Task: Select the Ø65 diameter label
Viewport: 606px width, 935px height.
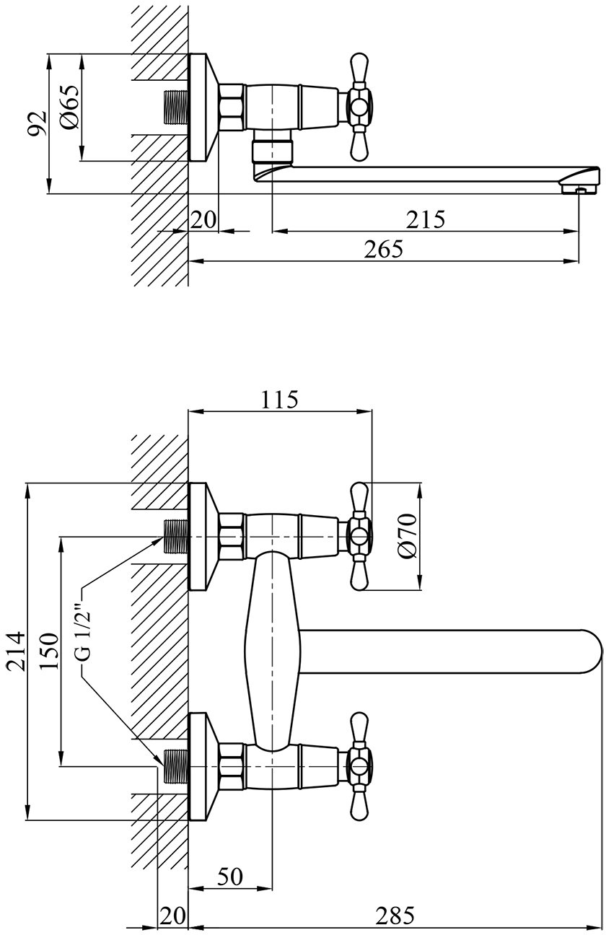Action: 69,107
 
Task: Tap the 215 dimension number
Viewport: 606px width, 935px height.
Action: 426,219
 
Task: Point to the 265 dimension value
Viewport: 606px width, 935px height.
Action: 384,249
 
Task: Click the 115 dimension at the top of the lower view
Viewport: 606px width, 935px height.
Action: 280,400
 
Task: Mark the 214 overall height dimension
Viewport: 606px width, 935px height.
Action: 16,651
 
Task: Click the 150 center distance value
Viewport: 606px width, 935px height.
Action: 49,651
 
